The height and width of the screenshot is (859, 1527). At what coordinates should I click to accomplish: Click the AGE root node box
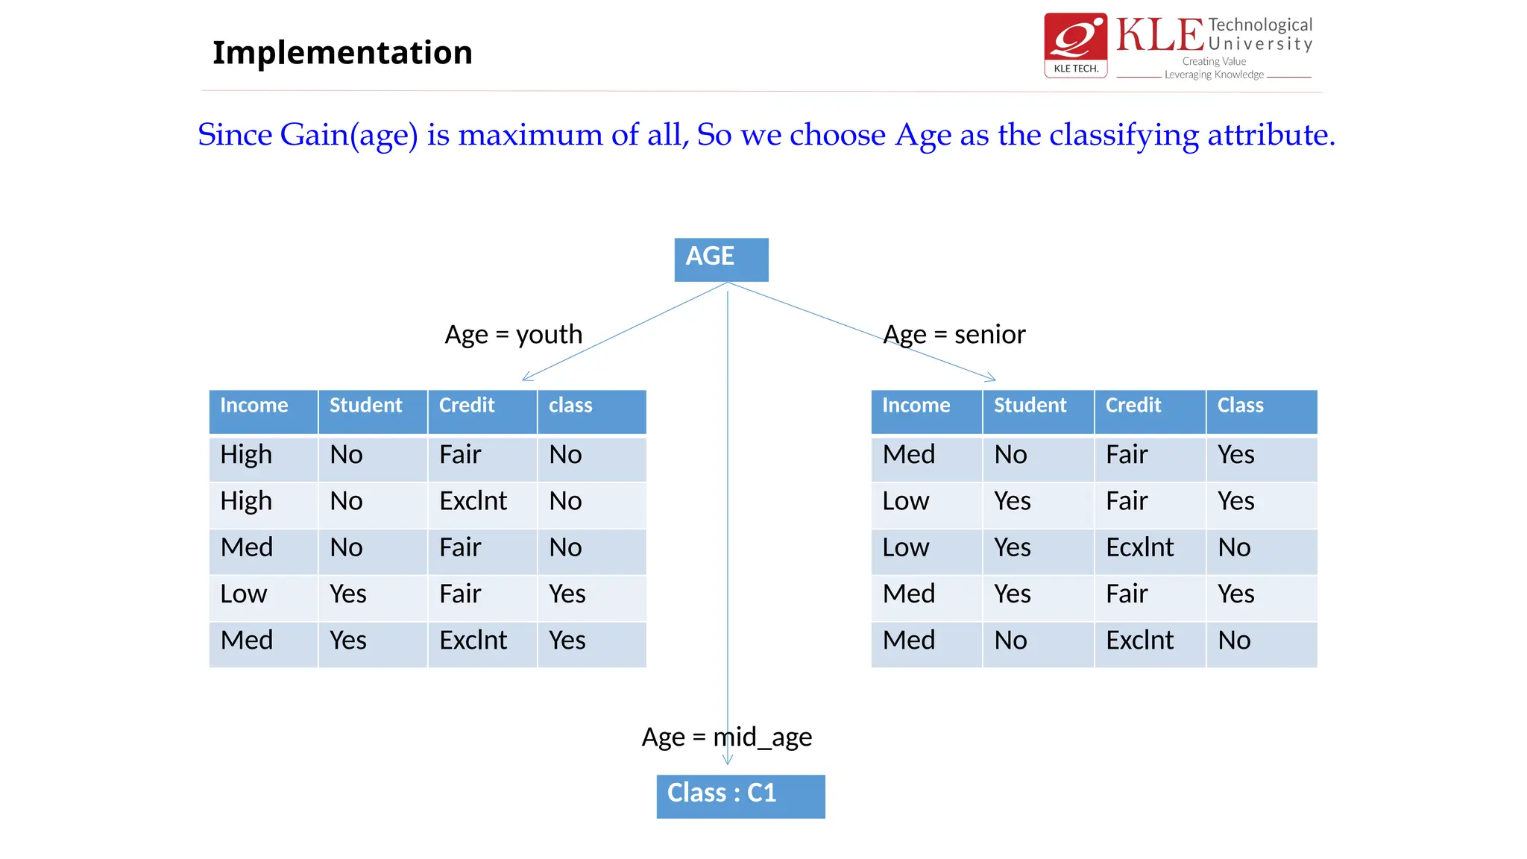(721, 259)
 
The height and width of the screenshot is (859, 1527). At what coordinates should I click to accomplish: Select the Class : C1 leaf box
(740, 796)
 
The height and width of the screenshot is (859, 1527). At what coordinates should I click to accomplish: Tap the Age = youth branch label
(513, 334)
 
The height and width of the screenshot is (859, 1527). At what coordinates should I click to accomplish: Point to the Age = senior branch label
(954, 334)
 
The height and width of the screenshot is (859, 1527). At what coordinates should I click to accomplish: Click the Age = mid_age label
(727, 737)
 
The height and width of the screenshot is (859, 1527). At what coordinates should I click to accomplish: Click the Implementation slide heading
(342, 52)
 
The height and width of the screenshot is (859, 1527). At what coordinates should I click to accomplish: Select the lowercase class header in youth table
(570, 406)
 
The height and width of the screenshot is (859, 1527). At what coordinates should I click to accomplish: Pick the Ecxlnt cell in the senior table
(1139, 547)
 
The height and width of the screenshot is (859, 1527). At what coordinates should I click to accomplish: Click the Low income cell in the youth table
(244, 594)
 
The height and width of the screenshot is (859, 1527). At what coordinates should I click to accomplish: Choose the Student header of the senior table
(1030, 406)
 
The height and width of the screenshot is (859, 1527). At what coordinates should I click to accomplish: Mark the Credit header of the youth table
(467, 406)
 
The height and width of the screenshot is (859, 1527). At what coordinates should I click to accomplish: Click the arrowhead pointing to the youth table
(526, 378)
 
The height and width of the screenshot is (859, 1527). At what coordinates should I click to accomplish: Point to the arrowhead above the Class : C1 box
(728, 760)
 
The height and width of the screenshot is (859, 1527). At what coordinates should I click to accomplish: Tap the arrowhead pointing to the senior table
(991, 378)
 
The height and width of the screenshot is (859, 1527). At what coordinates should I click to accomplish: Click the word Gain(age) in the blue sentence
(348, 136)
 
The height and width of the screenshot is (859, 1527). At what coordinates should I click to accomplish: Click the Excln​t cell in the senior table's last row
(1139, 641)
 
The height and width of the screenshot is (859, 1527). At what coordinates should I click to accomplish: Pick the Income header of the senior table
(916, 406)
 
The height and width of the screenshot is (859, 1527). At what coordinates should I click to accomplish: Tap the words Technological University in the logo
(1259, 34)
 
